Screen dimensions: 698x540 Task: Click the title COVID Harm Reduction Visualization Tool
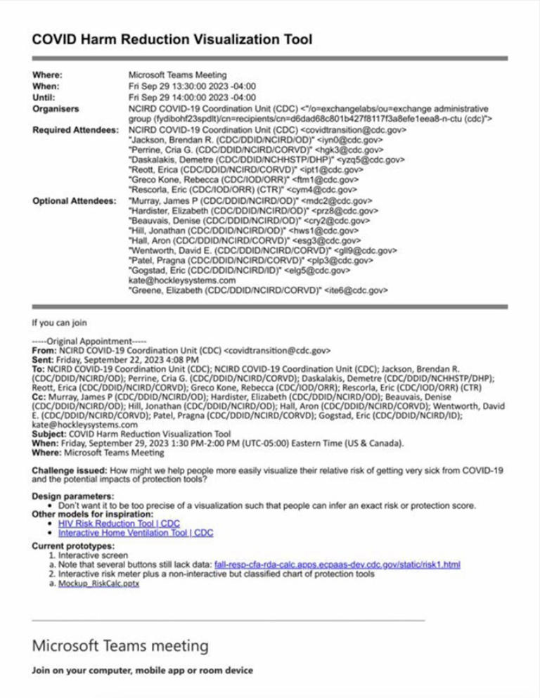[x=172, y=39]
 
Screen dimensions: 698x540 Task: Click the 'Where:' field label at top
[x=48, y=75]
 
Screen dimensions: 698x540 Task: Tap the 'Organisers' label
[x=56, y=109]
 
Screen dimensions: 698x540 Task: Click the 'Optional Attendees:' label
[x=75, y=201]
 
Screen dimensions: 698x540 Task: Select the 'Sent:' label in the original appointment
[x=43, y=358]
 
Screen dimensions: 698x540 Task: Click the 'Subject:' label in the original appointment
[x=51, y=434]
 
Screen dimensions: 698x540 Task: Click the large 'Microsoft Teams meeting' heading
[x=120, y=645]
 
